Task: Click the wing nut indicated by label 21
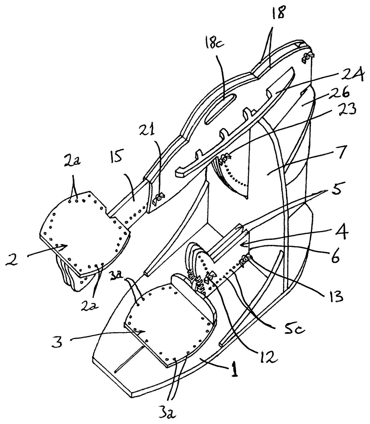click(x=159, y=199)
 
